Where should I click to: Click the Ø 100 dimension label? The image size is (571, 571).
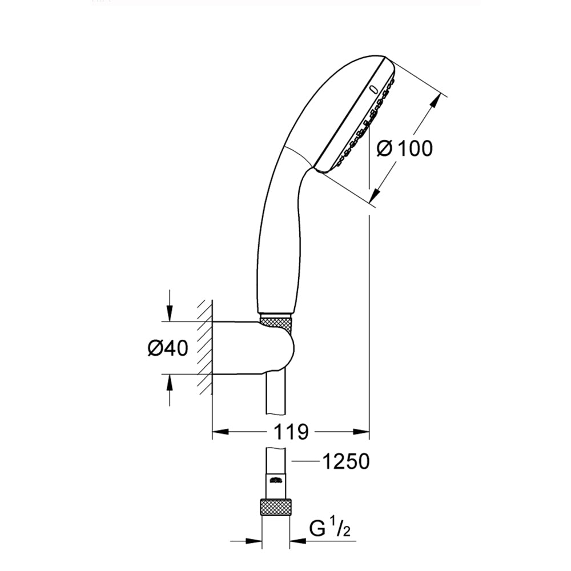click(x=405, y=148)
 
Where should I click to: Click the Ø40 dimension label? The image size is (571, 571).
click(x=168, y=348)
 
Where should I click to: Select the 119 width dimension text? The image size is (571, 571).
click(x=291, y=432)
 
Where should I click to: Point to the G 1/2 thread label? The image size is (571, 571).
click(x=330, y=528)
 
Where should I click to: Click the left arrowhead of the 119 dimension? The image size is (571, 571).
click(x=220, y=432)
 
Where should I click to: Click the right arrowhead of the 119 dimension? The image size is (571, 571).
click(x=361, y=432)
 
